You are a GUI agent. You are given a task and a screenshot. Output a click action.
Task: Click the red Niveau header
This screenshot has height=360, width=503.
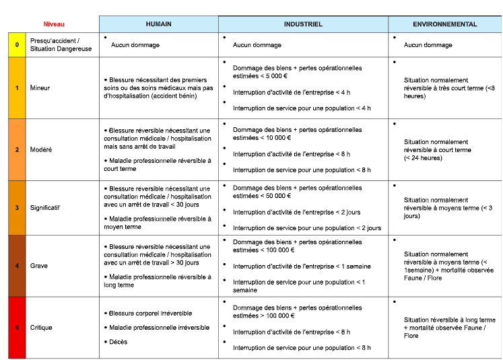pyautogui.click(x=53, y=24)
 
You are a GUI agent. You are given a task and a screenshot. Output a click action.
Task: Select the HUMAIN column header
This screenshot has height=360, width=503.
pyautogui.click(x=158, y=24)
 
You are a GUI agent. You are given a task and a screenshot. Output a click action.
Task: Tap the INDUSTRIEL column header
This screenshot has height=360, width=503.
pyautogui.click(x=303, y=24)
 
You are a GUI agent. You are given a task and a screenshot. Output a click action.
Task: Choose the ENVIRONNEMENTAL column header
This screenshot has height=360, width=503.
pyautogui.click(x=445, y=24)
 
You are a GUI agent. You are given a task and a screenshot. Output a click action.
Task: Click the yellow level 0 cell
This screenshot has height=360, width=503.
pyautogui.click(x=17, y=45)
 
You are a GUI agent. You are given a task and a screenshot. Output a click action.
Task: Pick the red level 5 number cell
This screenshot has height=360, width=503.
pyautogui.click(x=17, y=328)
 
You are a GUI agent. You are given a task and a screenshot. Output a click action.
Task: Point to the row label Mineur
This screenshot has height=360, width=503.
pyautogui.click(x=40, y=88)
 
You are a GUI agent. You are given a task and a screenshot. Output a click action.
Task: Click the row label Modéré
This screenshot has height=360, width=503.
pyautogui.click(x=40, y=149)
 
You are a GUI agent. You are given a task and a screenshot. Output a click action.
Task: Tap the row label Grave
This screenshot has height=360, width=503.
pyautogui.click(x=38, y=266)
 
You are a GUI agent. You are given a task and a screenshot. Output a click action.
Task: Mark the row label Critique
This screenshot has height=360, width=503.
pyautogui.click(x=41, y=328)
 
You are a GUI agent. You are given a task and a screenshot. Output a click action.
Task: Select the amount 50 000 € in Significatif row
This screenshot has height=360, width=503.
pyautogui.click(x=279, y=196)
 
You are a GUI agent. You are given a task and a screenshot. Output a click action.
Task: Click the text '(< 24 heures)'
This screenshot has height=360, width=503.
pyautogui.click(x=423, y=158)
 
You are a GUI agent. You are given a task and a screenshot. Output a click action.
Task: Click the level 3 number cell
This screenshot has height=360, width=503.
pyautogui.click(x=17, y=208)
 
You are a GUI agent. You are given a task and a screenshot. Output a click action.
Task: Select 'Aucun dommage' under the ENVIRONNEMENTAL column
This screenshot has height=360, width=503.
pyautogui.click(x=428, y=45)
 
